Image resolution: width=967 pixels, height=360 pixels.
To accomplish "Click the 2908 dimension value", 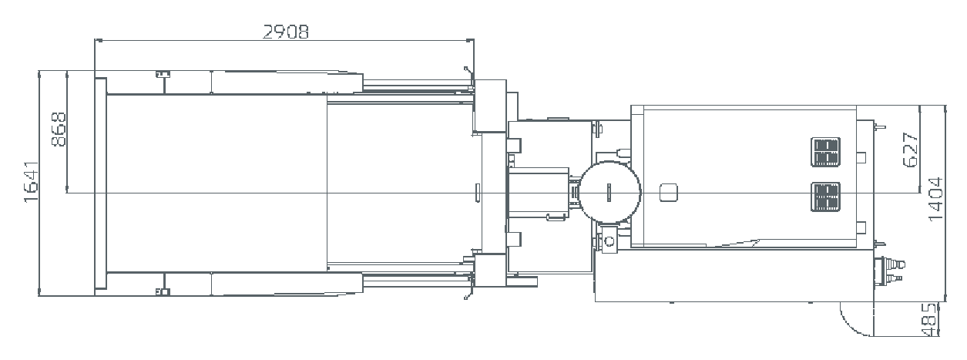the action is (x=286, y=32).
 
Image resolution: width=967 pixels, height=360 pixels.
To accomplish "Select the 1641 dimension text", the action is (x=31, y=182).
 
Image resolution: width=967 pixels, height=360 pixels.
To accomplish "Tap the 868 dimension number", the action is (x=59, y=130).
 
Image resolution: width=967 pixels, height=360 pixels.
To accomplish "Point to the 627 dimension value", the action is (x=910, y=150).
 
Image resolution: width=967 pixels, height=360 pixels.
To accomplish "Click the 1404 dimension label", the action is (x=935, y=199).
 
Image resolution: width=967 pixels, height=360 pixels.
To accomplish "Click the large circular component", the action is (x=609, y=193).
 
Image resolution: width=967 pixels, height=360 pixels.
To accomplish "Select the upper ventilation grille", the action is (x=825, y=152).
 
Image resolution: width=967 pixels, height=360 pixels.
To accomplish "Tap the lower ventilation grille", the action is (x=825, y=197).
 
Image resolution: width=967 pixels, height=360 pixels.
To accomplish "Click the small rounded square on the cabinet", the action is (x=669, y=193).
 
